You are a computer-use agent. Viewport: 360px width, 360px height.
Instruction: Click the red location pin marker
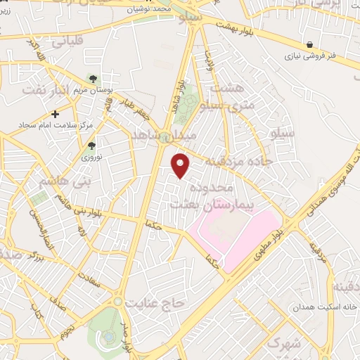coord(181,165)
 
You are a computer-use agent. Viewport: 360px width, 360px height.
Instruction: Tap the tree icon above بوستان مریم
coord(92,79)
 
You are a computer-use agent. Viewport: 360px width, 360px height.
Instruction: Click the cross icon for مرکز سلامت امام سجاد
coord(55,113)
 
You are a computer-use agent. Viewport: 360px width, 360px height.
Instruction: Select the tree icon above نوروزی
coord(91,146)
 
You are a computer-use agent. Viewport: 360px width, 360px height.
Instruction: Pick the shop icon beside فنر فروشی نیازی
coord(310,45)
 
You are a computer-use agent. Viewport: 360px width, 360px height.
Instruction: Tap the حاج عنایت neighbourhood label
coord(155,302)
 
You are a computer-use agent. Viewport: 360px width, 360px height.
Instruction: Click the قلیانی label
coord(67,41)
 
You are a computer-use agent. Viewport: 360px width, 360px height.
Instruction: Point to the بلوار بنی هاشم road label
coord(89,207)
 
